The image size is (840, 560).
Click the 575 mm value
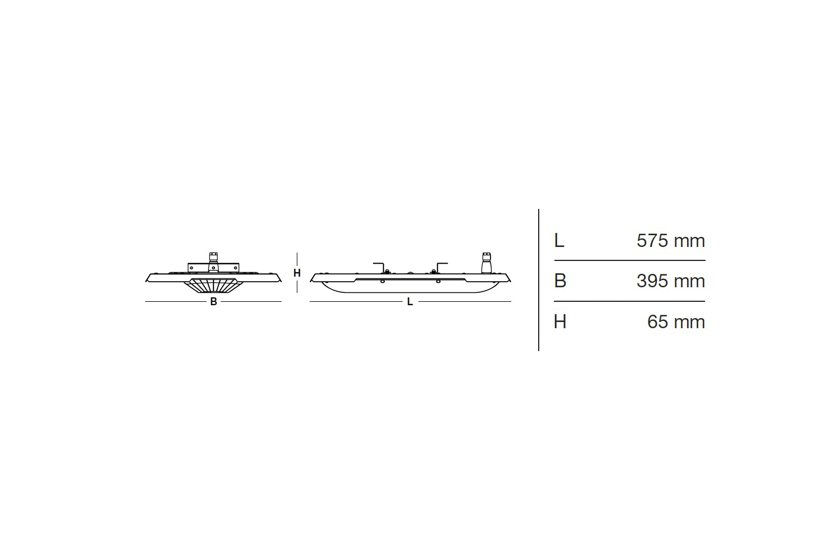coord(670,241)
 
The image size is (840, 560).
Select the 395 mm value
coord(670,281)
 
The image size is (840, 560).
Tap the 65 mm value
coord(675,322)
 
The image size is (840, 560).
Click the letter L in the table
coord(559,241)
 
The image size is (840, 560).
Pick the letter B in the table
coord(560,281)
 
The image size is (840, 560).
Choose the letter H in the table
coord(560,322)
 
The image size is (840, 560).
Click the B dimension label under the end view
coord(213,302)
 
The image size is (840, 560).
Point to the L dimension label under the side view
coord(410,302)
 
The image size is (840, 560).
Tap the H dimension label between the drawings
coord(297,273)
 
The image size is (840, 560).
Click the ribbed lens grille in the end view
coord(213,286)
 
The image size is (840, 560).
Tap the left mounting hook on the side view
coord(379,267)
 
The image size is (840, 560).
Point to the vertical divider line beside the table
coord(539,280)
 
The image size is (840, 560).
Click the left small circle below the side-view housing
coord(382,281)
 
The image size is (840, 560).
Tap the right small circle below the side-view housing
coord(438,281)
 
